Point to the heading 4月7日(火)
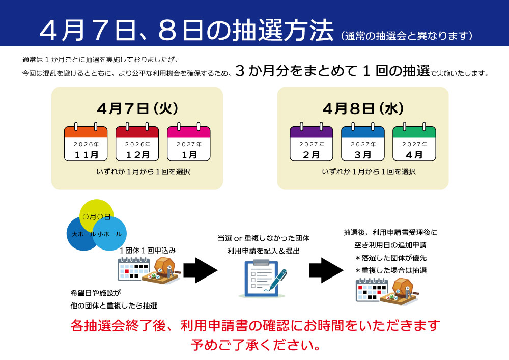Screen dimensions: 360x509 click(137, 108)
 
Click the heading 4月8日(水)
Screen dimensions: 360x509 click(363, 108)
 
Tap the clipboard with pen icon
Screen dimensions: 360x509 click(262, 278)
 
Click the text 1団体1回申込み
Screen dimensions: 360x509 click(148, 251)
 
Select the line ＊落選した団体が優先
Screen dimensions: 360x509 click(390, 258)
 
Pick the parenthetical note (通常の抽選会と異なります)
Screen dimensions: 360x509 click(407, 36)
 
